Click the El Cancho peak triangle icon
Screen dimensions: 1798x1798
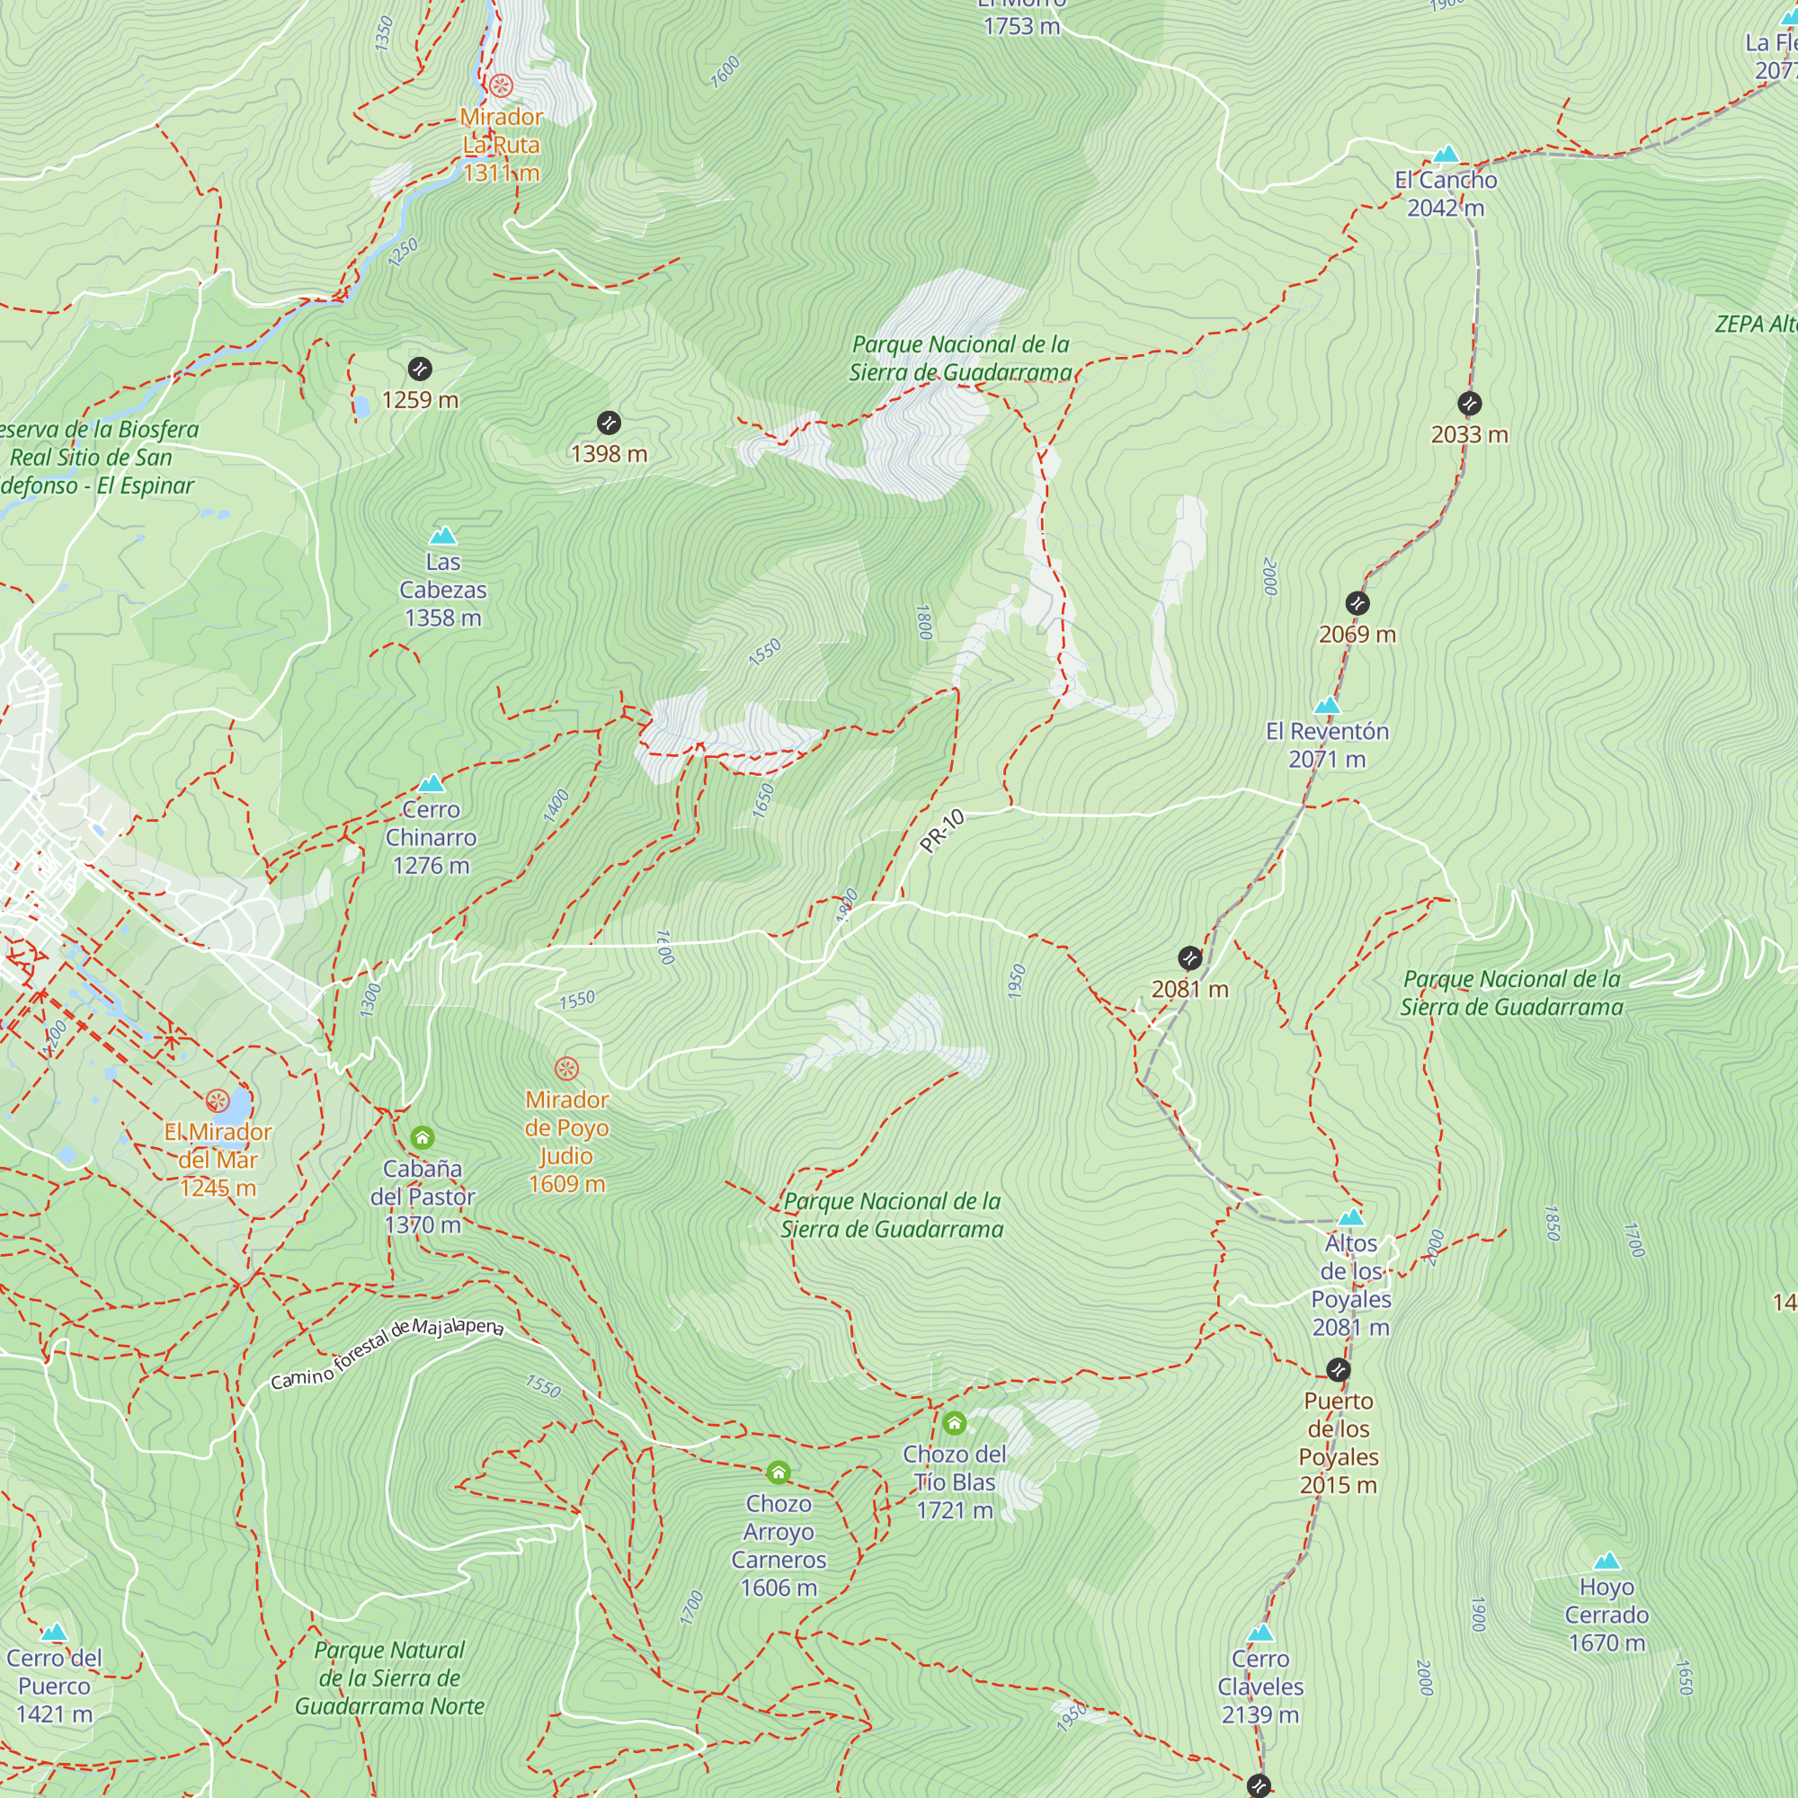coord(1446,155)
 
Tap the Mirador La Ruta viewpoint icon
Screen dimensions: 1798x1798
coord(501,86)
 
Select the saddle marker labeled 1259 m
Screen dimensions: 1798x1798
coord(420,369)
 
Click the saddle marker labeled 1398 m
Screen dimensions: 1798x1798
coord(609,423)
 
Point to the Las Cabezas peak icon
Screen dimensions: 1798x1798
coord(443,536)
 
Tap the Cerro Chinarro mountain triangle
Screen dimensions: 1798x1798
coord(431,784)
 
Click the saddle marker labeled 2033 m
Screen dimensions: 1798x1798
coord(1470,403)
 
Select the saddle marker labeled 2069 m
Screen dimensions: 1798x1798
coord(1357,603)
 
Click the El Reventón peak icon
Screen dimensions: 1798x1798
coord(1327,706)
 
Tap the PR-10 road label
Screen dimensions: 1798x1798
coord(942,831)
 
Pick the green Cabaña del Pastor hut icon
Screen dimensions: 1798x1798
coord(423,1137)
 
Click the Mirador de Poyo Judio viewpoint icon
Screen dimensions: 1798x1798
coord(566,1068)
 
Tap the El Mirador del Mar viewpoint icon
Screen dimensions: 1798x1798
coord(218,1101)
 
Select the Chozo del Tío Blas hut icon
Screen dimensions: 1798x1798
coord(954,1423)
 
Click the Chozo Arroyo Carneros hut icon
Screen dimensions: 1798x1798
coord(779,1473)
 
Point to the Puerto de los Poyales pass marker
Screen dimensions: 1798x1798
coord(1339,1370)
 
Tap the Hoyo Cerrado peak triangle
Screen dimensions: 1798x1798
coord(1607,1562)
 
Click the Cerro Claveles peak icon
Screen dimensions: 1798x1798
coord(1260,1633)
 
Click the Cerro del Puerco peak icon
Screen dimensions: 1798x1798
coord(54,1633)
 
